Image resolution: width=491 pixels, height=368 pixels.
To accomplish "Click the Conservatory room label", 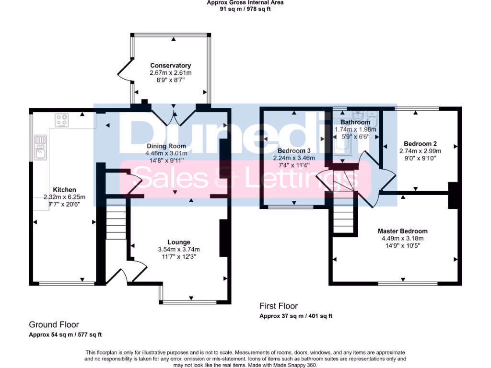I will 170,66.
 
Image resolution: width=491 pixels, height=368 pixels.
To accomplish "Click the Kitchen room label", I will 64,190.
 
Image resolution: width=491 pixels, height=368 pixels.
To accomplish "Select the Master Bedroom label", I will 402,231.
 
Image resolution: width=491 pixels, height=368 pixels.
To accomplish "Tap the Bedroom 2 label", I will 420,143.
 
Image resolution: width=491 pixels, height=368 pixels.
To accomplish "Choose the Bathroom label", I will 355,122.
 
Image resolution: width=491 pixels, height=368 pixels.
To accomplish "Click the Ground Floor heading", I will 54,325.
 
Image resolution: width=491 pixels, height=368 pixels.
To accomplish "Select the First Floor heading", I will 279,306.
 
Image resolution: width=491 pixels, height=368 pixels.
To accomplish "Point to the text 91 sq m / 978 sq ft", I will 245,9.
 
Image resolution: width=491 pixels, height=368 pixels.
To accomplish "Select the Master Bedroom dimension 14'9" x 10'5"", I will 402,246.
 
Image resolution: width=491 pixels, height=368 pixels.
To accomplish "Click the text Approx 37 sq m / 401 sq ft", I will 296,316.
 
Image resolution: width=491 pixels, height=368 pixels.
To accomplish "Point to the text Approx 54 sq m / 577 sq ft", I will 65,335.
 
